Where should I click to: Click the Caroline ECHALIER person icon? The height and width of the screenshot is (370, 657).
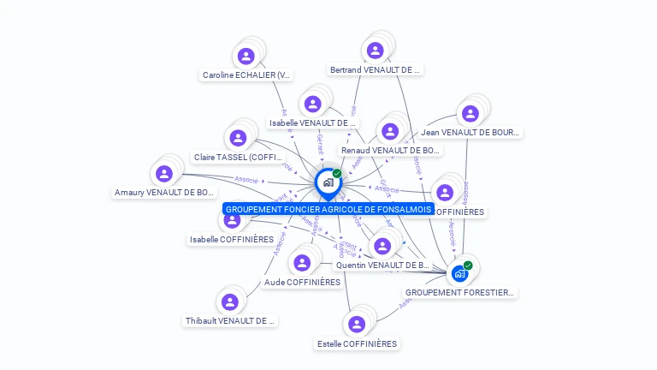tap(246, 57)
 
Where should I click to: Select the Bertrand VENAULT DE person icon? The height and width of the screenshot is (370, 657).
tap(375, 51)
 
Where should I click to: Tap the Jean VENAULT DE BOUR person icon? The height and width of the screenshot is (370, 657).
tap(470, 113)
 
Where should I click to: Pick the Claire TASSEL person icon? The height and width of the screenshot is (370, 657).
tap(238, 138)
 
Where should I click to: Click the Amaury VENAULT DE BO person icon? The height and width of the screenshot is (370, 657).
tap(164, 174)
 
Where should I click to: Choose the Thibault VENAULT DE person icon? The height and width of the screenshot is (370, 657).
tap(229, 301)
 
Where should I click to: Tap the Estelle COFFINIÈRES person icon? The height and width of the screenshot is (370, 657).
tap(357, 324)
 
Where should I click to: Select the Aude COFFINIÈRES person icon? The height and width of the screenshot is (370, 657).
tap(302, 262)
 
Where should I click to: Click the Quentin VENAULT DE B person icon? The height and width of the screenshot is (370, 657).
tap(382, 247)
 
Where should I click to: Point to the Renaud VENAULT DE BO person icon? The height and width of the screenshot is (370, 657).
tap(390, 131)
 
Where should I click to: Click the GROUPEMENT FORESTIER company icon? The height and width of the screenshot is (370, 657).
tap(460, 273)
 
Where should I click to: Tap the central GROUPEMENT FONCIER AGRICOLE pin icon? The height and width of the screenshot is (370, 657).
tap(328, 182)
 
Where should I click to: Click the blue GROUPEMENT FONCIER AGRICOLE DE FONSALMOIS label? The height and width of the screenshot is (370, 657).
tap(328, 209)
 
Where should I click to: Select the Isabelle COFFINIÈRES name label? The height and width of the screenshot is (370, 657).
tap(232, 240)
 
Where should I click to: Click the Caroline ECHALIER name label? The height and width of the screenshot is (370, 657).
tap(246, 75)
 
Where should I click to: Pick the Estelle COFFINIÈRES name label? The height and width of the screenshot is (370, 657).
tap(357, 343)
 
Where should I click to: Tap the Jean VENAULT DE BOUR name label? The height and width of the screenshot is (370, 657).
tap(470, 133)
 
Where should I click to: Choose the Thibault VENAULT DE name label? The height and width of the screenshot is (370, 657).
tap(230, 321)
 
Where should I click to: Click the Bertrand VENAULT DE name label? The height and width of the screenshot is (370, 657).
tap(375, 70)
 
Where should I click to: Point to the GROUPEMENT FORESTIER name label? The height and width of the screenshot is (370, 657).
tap(460, 293)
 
